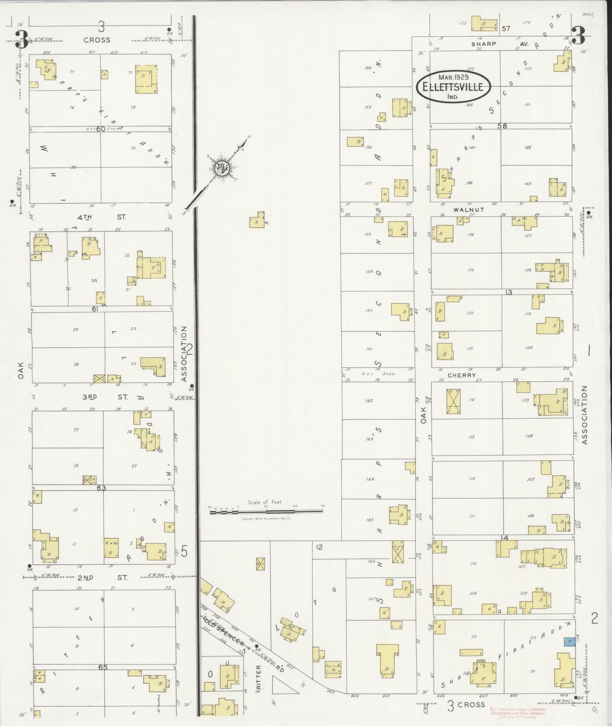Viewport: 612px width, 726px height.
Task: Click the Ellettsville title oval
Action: [x=453, y=87]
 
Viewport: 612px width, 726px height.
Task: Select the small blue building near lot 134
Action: [x=569, y=641]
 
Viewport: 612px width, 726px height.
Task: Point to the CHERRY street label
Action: [x=461, y=375]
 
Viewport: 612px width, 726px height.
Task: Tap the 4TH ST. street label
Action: [x=102, y=217]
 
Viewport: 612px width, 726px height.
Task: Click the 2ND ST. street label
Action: [x=102, y=578]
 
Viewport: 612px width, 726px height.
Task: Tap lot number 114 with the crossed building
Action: [x=472, y=400]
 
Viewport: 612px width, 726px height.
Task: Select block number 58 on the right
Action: [x=503, y=126]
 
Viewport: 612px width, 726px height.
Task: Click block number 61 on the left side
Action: [x=94, y=309]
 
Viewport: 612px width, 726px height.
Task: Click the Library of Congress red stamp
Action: [x=518, y=713]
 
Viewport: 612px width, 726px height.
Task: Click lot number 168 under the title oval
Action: [x=469, y=105]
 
